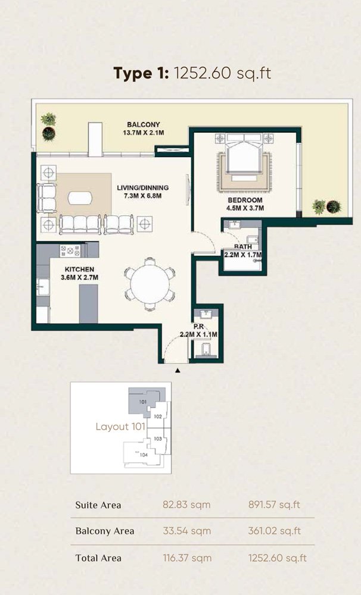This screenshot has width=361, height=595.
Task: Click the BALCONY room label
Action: coord(143,124)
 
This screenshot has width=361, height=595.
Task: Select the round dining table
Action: coord(150,284)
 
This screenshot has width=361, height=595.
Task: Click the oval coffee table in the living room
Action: coord(80,198)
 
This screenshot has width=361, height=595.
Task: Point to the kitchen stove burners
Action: coord(70,250)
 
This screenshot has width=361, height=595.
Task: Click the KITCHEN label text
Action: coord(79,270)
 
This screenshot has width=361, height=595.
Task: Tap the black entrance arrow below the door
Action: coord(178,370)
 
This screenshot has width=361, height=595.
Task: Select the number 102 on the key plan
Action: coord(158,416)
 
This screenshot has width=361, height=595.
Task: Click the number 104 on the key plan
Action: coord(144,455)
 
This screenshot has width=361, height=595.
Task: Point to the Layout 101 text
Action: coord(120,427)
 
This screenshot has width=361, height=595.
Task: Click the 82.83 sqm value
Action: coord(186,505)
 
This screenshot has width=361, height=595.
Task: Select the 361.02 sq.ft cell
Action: coord(275,531)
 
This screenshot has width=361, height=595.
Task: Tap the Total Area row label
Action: coord(98,558)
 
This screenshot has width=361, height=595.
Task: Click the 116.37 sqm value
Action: coord(187,558)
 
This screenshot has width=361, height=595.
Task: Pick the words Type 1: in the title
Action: coord(141,73)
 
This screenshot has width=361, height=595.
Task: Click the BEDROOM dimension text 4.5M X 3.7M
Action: coord(245,208)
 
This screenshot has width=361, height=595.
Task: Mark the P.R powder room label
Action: coord(199,327)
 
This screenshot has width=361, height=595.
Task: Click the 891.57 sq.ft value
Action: coord(275,505)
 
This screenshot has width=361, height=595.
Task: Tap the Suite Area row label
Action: coord(98,505)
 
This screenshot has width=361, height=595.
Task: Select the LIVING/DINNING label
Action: coord(143,187)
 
